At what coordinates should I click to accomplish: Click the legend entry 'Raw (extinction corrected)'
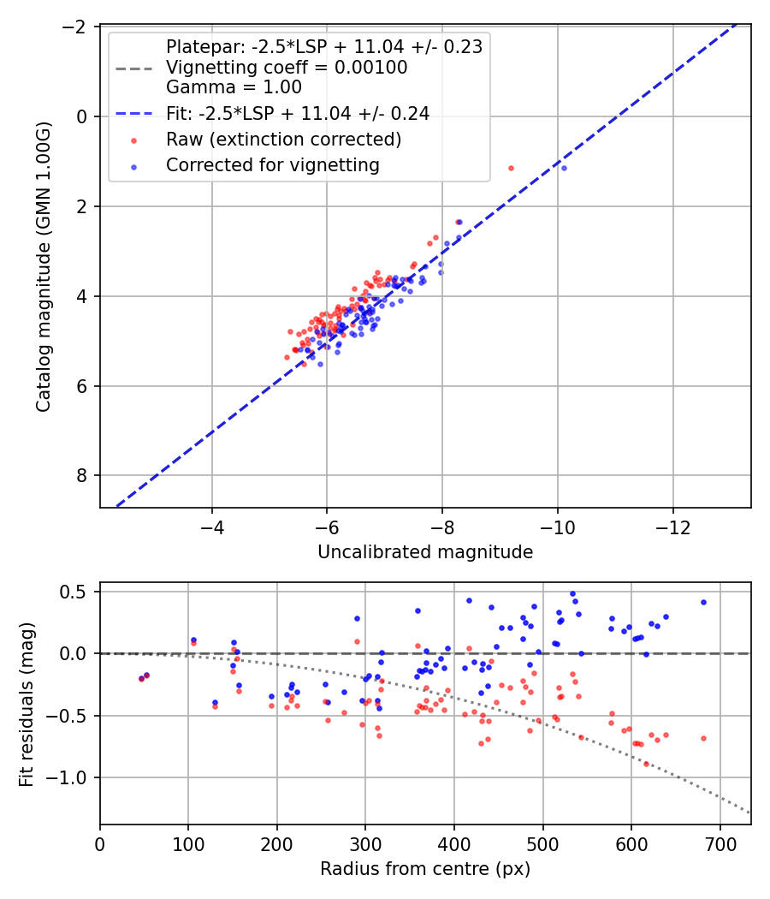[284, 139]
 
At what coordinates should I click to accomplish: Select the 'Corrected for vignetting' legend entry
[273, 164]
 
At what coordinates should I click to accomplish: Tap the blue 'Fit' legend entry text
[298, 113]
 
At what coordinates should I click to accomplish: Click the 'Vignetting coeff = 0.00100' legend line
[287, 67]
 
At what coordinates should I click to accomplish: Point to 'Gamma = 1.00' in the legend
[234, 87]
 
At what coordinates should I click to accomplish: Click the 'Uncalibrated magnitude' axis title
[425, 552]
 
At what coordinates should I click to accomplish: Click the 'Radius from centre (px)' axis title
[425, 869]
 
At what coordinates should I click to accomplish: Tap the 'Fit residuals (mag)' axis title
[26, 704]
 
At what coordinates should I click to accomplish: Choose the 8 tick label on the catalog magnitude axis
[81, 476]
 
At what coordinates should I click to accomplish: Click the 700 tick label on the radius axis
[720, 844]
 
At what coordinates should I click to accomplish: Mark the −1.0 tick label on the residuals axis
[72, 777]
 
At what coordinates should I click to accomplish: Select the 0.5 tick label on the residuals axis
[77, 592]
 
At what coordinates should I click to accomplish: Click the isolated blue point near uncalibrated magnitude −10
[564, 168]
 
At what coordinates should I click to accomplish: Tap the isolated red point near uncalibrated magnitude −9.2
[511, 168]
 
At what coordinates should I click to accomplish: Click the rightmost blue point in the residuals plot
[703, 602]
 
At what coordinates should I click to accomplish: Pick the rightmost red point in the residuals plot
[703, 738]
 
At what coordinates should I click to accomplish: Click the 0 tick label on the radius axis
[100, 844]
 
